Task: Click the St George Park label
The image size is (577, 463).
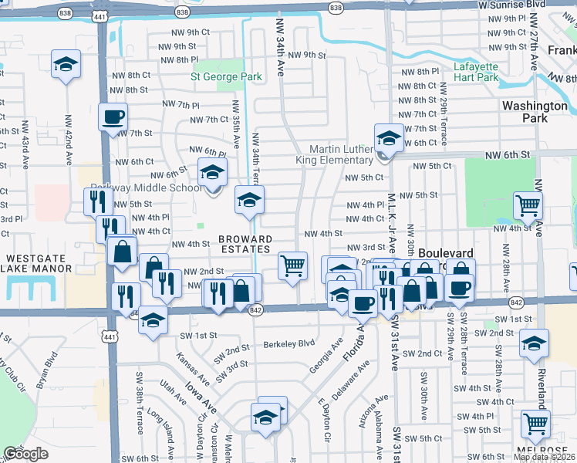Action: [x=226, y=76]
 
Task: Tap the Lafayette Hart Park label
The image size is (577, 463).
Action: [x=476, y=72]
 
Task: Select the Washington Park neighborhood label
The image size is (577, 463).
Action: [x=535, y=112]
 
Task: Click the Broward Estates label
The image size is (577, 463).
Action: [x=244, y=244]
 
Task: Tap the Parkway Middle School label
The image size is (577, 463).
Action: [x=147, y=188]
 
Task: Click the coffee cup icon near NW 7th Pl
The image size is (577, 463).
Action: [x=113, y=117]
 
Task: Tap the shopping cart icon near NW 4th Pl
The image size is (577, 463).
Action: [x=528, y=204]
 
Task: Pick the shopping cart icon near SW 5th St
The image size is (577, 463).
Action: [x=535, y=423]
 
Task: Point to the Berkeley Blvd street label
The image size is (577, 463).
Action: [x=289, y=344]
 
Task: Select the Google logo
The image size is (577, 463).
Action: [x=25, y=454]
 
